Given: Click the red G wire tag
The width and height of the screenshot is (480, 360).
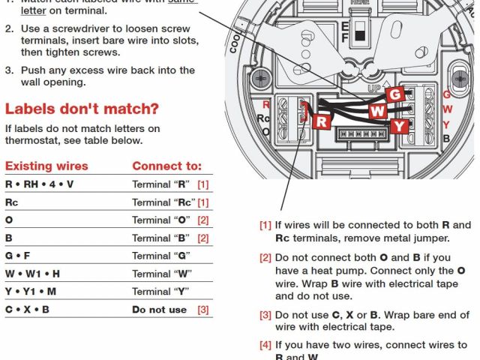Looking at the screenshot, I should [x=396, y=94].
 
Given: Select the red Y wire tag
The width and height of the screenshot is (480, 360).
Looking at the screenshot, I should [x=400, y=125].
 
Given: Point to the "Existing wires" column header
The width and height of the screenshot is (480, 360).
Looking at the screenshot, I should [x=46, y=166].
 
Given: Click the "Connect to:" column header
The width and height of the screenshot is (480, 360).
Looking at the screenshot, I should [x=166, y=166].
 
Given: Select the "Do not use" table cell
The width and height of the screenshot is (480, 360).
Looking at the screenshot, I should [x=159, y=310].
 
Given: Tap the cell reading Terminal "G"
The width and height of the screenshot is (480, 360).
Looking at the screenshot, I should [x=158, y=256].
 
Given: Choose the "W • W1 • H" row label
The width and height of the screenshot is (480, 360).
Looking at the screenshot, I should [x=32, y=274].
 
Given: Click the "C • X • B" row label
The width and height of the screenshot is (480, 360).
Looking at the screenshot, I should [x=28, y=310].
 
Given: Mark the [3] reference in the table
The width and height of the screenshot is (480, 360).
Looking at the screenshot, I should [x=203, y=310].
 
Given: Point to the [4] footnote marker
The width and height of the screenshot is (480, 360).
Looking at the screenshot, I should [x=265, y=345].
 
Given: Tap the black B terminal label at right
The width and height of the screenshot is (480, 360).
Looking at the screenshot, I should [x=446, y=139].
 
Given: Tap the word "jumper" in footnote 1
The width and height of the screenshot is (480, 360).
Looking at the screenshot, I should [x=430, y=238].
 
